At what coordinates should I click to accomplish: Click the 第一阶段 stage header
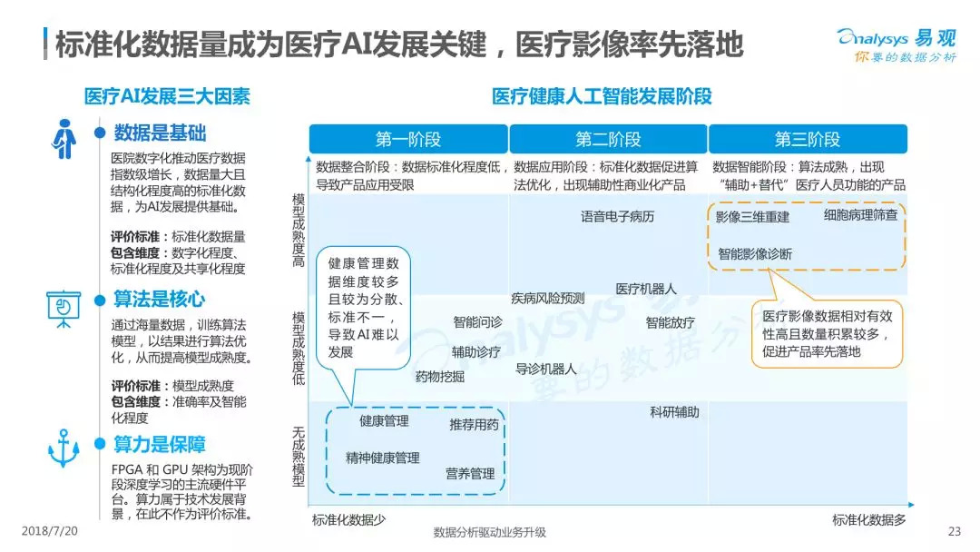408,139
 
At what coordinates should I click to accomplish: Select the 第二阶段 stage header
608,139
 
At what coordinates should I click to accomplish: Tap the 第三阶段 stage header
808,139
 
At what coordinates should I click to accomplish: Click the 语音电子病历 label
617,217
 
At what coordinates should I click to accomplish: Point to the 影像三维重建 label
752,217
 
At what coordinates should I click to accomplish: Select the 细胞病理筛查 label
860,215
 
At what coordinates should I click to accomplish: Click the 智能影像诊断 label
755,254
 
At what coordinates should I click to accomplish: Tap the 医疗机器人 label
646,289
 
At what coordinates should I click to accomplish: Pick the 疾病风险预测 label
548,298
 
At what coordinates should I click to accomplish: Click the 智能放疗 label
671,322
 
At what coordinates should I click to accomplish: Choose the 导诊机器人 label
546,369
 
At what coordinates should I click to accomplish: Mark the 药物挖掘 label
440,376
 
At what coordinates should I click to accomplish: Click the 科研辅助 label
674,412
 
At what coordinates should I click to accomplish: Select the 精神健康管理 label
382,458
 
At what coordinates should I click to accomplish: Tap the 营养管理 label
470,474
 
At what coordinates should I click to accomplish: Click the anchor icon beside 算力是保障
64,448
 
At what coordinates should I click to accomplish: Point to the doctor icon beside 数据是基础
64,139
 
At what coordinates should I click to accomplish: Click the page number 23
953,532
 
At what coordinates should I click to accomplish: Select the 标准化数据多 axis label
869,520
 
